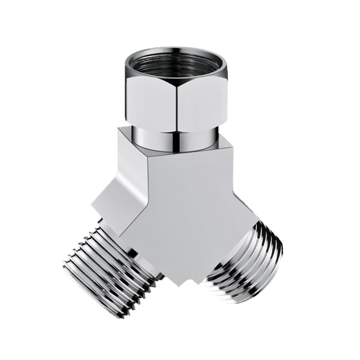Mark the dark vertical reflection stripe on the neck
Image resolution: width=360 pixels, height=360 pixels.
(176, 136)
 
